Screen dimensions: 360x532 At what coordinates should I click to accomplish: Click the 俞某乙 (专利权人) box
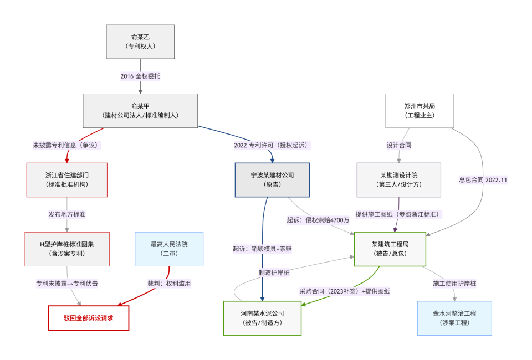(140, 42)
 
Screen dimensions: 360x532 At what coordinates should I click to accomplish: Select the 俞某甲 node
(140, 111)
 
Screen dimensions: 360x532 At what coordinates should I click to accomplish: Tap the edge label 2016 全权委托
(141, 76)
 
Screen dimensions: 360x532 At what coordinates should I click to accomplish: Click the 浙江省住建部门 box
(66, 179)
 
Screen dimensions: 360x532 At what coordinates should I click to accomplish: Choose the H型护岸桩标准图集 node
(66, 249)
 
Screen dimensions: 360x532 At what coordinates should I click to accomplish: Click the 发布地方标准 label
(66, 214)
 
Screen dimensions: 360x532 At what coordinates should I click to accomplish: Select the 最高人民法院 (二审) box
(169, 249)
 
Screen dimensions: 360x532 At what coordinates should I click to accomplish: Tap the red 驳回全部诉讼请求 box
(88, 318)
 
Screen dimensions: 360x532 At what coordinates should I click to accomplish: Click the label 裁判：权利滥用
(169, 283)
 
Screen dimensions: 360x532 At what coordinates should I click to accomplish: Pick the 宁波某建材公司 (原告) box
(272, 179)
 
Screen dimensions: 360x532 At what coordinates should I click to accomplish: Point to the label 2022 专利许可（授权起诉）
(272, 145)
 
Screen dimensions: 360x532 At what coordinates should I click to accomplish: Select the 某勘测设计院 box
(399, 179)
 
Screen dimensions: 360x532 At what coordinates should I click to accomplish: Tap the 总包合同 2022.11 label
(483, 179)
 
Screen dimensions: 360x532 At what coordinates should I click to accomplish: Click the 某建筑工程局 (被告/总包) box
(390, 249)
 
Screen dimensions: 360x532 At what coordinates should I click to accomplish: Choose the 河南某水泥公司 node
(262, 318)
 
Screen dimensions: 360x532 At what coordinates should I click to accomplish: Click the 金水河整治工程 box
(454, 318)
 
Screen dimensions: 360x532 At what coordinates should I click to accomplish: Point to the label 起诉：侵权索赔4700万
(318, 220)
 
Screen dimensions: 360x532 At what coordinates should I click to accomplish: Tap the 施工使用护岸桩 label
(454, 283)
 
